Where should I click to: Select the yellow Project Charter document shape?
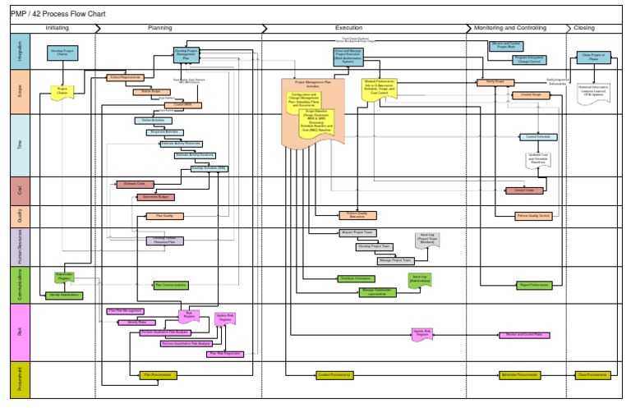pyautogui.click(x=62, y=93)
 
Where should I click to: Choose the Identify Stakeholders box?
pyautogui.click(x=65, y=295)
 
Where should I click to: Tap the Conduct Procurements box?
pyautogui.click(x=334, y=374)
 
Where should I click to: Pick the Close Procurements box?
pyautogui.click(x=592, y=374)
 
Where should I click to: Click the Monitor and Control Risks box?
pyautogui.click(x=524, y=335)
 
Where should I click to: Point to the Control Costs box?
pyautogui.click(x=524, y=190)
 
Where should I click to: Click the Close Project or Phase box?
pyautogui.click(x=592, y=57)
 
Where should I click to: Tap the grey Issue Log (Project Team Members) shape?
pyautogui.click(x=426, y=239)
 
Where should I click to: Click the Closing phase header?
pyautogui.click(x=584, y=28)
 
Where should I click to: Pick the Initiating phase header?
pyautogui.click(x=58, y=28)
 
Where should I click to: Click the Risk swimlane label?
pyautogui.click(x=21, y=332)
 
